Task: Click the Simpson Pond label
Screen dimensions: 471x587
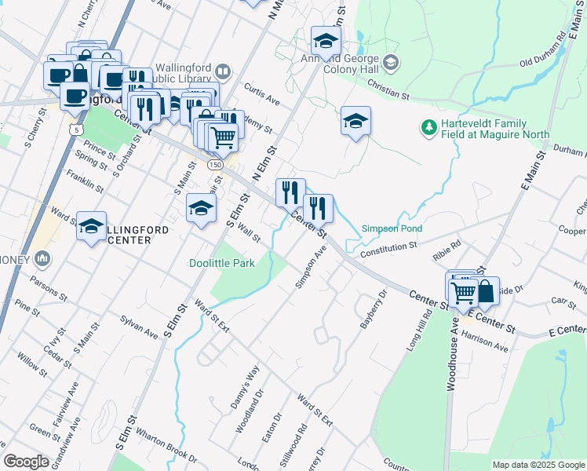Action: pos(392,228)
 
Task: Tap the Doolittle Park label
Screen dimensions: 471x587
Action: pos(222,264)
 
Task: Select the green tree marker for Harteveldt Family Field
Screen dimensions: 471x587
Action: pos(428,126)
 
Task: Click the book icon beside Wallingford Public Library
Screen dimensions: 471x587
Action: pos(223,73)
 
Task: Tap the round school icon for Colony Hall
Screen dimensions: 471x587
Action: pos(390,62)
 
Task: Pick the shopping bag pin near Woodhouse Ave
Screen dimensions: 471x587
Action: pos(486,290)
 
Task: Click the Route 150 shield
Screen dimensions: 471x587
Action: pos(214,165)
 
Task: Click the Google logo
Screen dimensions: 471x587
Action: pos(26,461)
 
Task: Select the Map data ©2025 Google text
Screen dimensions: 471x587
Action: pos(538,465)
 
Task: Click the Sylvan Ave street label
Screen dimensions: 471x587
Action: pos(139,327)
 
